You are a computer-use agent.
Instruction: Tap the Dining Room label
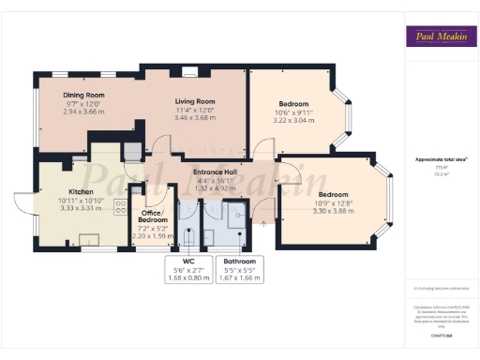pos(83,95)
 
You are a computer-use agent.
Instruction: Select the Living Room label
pos(195,101)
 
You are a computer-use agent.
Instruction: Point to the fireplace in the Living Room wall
pos(190,71)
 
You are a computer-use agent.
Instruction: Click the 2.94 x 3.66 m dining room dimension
pos(83,111)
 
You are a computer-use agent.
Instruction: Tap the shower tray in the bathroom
pos(240,215)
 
